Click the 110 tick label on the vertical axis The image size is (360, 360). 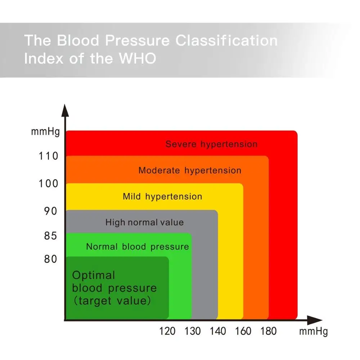[49, 157]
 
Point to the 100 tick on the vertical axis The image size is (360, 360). [49, 184]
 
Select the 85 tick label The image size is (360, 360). [51, 236]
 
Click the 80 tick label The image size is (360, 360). [51, 259]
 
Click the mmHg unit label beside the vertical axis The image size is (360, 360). [45, 132]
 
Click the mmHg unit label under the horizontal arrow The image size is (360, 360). [314, 331]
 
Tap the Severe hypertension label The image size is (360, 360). [211, 144]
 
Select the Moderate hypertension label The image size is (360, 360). [190, 170]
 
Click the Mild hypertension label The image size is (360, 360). [162, 197]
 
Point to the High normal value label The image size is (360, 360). [144, 222]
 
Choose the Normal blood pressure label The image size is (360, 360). [138, 247]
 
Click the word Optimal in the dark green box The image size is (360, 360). [94, 275]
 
